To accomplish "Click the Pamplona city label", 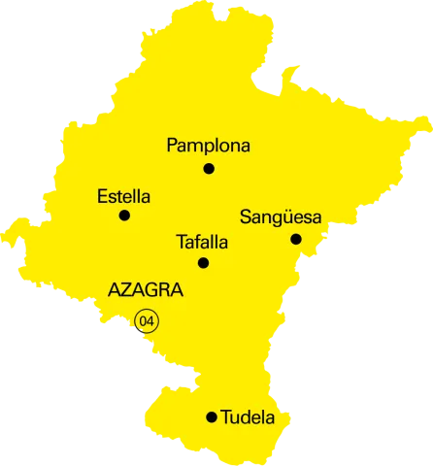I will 208,147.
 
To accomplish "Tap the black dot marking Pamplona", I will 209,169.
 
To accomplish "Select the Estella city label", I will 123,196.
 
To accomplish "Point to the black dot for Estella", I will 124,216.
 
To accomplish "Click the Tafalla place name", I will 202,243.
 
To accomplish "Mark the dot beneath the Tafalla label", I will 203,263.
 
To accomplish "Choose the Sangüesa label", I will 280,217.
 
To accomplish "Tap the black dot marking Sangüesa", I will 296,239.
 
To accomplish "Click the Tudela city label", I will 248,418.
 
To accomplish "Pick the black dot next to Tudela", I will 212,417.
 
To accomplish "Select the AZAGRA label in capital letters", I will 146,290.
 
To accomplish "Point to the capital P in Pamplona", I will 173,147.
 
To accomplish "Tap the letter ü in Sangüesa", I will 281,217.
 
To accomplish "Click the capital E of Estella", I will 102,196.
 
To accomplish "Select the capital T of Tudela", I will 226,418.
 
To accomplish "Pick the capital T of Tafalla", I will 182,243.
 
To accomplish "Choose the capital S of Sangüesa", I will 245,217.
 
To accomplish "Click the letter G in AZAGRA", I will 153,290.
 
